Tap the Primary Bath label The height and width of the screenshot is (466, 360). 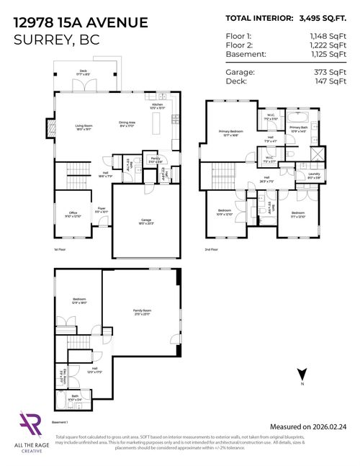pyautogui.click(x=298, y=128)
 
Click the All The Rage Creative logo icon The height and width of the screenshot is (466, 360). pyautogui.click(x=30, y=424)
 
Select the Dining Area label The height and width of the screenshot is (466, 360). pyautogui.click(x=127, y=123)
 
